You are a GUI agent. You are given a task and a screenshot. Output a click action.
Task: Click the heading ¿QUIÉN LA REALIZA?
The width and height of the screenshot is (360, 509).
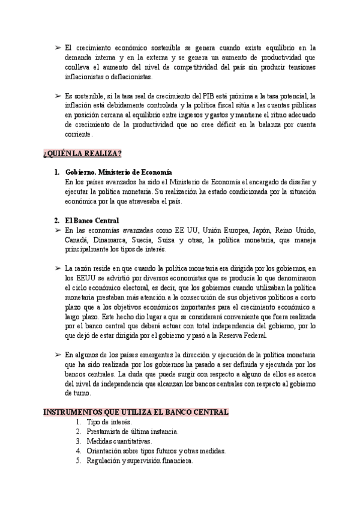pyautogui.click(x=82, y=154)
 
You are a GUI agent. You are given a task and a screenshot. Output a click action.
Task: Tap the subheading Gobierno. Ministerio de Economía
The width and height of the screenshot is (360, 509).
pyautogui.click(x=118, y=172)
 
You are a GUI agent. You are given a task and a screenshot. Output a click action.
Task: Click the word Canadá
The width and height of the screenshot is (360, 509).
pyautogui.click(x=77, y=239)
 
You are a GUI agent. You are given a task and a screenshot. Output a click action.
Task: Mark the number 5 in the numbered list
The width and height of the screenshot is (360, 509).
pyautogui.click(x=78, y=460)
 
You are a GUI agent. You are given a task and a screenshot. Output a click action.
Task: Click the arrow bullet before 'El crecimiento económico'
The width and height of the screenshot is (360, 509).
pyautogui.click(x=56, y=47)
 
